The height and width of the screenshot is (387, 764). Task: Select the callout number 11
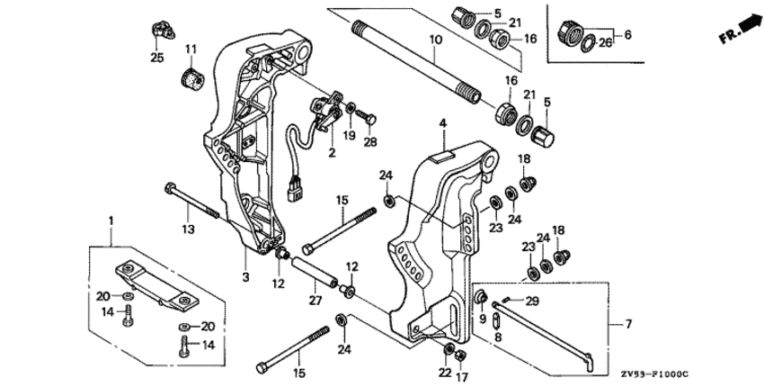(x=191, y=48)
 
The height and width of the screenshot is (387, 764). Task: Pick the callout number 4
(x=442, y=121)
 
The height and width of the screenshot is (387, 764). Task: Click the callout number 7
(x=628, y=322)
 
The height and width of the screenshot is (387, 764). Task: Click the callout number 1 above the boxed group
(x=111, y=219)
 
